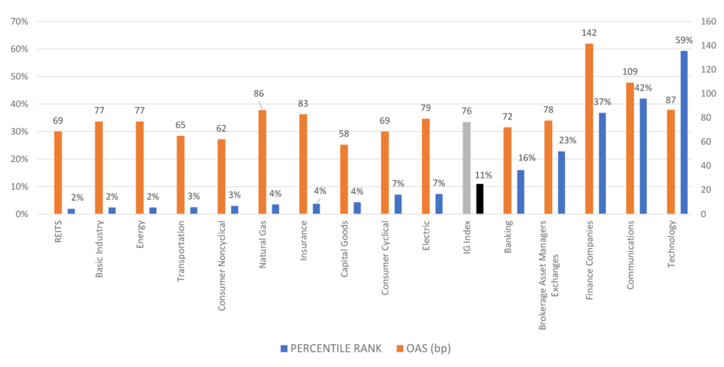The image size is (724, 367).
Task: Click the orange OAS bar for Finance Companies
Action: (x=589, y=129)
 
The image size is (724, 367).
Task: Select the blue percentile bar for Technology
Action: (x=684, y=132)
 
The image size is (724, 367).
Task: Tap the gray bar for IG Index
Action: (x=467, y=168)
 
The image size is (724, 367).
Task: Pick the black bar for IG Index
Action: (x=480, y=199)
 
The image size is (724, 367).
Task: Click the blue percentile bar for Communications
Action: (x=643, y=156)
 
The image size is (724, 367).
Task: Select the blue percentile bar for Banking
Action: (x=521, y=192)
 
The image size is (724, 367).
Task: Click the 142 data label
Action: (x=589, y=33)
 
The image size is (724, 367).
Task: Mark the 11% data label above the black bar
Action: (x=484, y=175)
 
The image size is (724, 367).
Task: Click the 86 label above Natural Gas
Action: (x=259, y=94)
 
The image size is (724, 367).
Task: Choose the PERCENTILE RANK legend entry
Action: (x=331, y=349)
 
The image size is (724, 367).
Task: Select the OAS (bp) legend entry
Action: (x=424, y=349)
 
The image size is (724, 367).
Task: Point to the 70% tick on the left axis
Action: (x=19, y=21)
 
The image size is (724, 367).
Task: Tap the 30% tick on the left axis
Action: (x=19, y=132)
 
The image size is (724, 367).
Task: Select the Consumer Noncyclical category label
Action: (x=221, y=265)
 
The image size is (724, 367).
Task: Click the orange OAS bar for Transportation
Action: (x=180, y=175)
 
